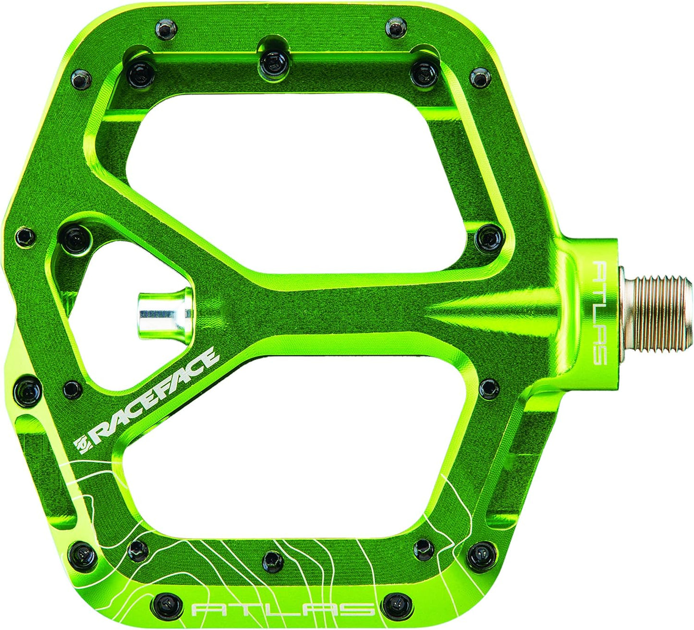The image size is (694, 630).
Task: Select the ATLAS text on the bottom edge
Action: click(283, 607)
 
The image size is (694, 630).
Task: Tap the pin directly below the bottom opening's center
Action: click(273, 561)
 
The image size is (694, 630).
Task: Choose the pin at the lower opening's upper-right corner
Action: click(488, 388)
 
